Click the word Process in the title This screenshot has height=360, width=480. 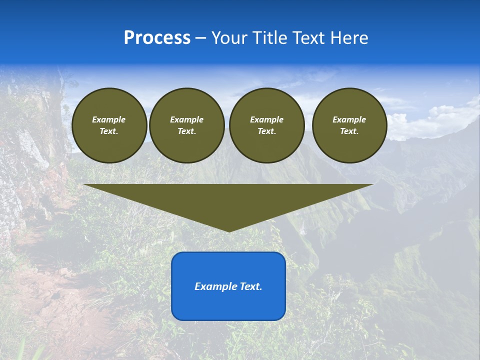click(157, 38)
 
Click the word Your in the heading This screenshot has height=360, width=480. click(228, 38)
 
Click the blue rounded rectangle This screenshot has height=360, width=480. click(228, 305)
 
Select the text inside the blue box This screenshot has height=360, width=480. click(228, 286)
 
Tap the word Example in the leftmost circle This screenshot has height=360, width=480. click(109, 119)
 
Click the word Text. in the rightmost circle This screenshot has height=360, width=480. click(349, 131)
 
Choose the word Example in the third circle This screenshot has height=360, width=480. click(266, 119)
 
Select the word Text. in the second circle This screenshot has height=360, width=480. click(186, 131)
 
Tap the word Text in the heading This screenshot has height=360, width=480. click(309, 38)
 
